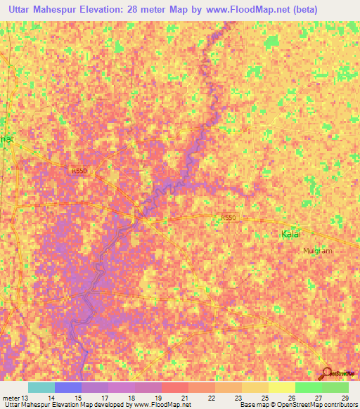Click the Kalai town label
[294, 235]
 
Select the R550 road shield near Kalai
[227, 218]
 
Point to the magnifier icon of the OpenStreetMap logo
[326, 372]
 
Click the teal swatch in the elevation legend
[41, 387]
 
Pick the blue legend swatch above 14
[67, 387]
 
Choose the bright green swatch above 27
[308, 387]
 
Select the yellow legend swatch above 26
[281, 387]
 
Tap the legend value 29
[344, 398]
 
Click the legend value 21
[184, 398]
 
